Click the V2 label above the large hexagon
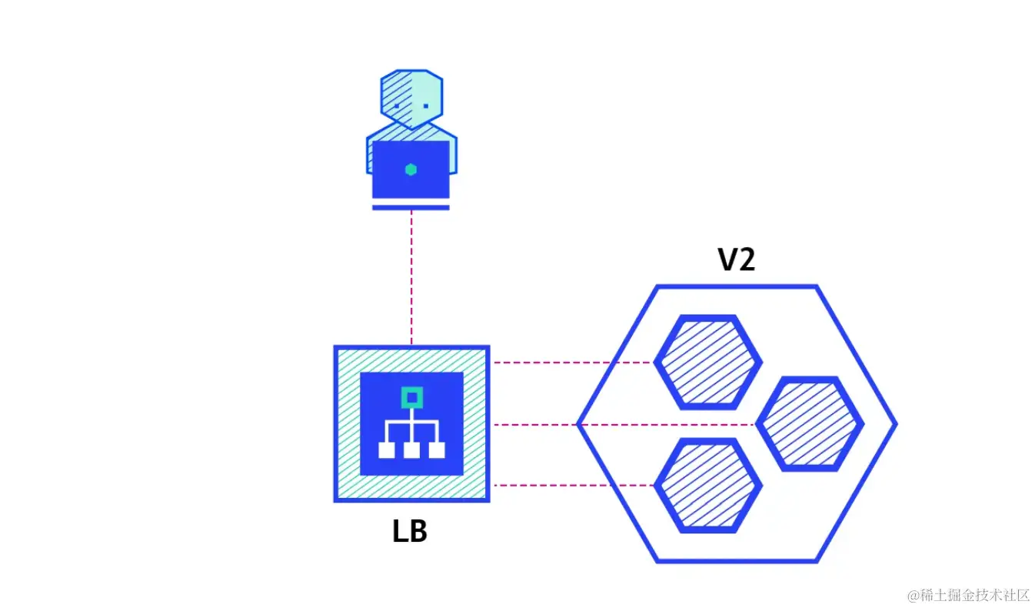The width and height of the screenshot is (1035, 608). tap(737, 260)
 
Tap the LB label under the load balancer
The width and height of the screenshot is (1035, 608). tap(410, 532)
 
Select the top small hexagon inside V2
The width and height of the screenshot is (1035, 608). tap(707, 362)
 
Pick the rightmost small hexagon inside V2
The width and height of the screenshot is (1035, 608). tap(810, 423)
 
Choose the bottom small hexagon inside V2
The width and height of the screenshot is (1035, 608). tap(707, 486)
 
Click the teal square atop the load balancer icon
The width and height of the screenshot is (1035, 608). tap(412, 398)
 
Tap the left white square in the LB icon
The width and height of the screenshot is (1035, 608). tap(386, 450)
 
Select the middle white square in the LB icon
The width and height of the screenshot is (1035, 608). tap(411, 450)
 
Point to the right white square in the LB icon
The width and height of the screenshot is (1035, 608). tap(437, 450)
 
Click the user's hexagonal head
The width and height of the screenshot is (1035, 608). tap(412, 99)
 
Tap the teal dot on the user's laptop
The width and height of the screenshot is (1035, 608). tap(411, 169)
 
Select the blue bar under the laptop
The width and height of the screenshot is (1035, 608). tap(411, 207)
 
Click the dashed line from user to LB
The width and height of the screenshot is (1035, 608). tap(411, 277)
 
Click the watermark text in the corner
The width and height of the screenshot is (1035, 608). tap(968, 594)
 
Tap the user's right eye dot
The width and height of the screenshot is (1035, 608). tap(425, 106)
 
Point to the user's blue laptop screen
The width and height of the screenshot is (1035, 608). tap(411, 169)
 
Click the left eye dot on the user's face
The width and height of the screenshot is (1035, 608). tap(397, 106)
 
